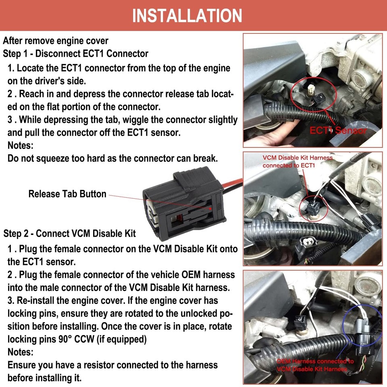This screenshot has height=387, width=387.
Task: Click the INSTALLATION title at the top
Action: (187, 15)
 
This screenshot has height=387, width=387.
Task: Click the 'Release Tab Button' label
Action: (67, 194)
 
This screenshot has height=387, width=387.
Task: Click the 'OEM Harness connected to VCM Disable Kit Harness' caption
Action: (314, 365)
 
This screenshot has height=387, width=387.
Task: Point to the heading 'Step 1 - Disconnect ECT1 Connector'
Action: (75, 54)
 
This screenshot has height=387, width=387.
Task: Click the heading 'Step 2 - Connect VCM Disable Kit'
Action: (70, 233)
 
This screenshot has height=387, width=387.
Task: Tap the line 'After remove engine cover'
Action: (56, 41)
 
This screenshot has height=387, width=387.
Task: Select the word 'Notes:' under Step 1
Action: (21, 145)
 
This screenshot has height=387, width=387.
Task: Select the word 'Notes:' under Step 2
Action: (21, 352)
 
